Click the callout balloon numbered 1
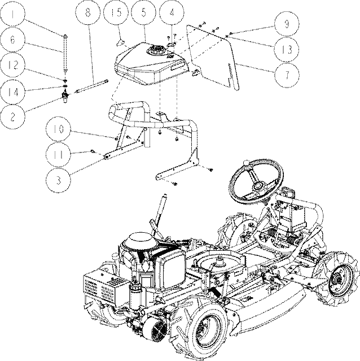[12, 14]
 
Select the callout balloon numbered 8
[88, 12]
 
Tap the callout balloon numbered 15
[116, 12]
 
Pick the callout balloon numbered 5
[144, 12]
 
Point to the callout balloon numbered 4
[172, 12]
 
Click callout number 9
[287, 24]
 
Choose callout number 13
[287, 50]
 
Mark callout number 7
[287, 75]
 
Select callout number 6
[12, 40]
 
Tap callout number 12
[12, 65]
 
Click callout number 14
[12, 92]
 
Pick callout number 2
[12, 117]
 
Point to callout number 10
[58, 129]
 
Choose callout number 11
[58, 154]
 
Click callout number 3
[58, 180]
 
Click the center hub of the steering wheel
[258, 185]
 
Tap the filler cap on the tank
[156, 50]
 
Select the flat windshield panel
[213, 56]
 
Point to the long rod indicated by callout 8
[92, 86]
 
